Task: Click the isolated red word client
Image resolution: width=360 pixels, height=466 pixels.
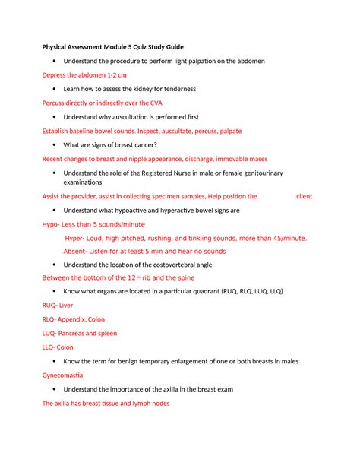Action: (x=304, y=195)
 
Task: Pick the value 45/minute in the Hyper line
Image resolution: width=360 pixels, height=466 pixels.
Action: (x=286, y=238)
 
